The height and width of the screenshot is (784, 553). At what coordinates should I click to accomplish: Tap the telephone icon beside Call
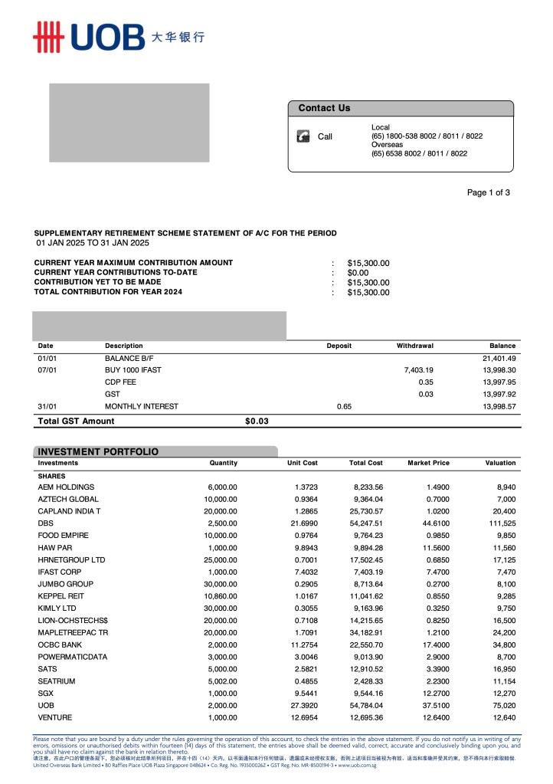point(303,136)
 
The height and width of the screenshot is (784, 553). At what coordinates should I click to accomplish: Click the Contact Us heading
point(324,108)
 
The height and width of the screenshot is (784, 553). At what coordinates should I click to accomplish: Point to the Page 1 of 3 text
point(488,192)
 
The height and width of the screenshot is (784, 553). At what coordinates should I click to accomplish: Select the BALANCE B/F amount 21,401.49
point(499,358)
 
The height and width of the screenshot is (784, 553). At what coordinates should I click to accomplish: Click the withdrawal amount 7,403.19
point(418,370)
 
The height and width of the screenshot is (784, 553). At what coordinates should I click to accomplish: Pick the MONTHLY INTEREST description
point(142,406)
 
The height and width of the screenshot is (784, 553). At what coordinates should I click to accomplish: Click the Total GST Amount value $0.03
point(257,421)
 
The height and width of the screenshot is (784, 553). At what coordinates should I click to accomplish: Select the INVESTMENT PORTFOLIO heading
point(98,451)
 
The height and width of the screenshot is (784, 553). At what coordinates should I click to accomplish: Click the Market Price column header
point(428,463)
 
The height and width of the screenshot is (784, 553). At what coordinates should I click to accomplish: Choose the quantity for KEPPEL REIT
point(222,595)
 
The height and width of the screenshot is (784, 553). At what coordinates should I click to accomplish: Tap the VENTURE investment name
point(56,717)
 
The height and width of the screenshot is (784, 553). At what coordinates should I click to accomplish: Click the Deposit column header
point(339,346)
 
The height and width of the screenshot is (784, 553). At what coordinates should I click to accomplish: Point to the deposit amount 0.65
point(344,406)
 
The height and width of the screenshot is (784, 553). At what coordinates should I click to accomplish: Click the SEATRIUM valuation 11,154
point(502,681)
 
